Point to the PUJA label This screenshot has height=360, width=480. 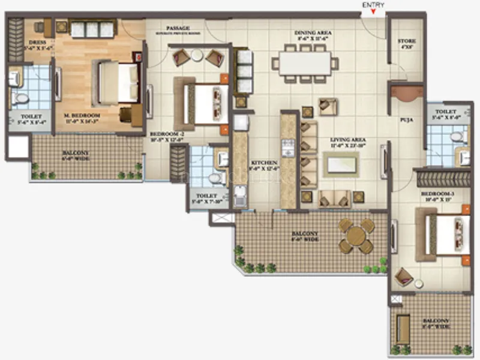pyautogui.click(x=406, y=119)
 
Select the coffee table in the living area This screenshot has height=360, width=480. pyautogui.click(x=341, y=163)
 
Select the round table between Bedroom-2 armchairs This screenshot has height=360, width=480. pyautogui.click(x=197, y=56)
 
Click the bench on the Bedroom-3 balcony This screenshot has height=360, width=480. pyautogui.click(x=404, y=329)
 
